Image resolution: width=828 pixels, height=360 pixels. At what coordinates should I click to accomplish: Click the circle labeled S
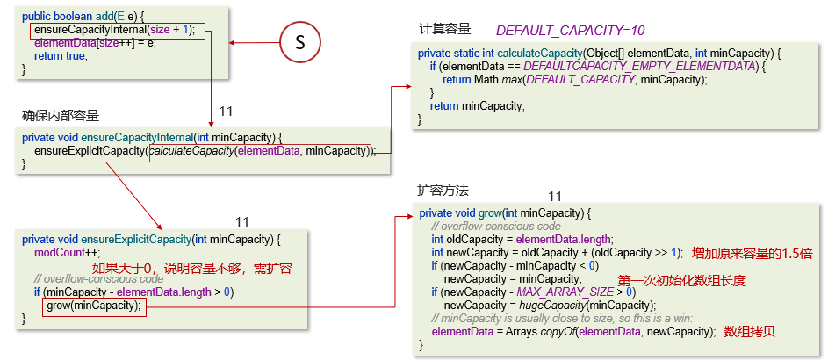click(299, 44)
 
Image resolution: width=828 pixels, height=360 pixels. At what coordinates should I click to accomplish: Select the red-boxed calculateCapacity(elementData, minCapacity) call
click(260, 151)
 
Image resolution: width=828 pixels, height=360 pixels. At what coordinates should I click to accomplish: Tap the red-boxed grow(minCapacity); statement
click(92, 306)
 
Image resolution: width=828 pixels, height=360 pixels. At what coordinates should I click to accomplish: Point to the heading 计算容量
click(445, 29)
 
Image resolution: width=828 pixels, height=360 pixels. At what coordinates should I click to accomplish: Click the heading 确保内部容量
click(61, 115)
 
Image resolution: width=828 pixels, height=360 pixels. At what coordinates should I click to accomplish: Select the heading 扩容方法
click(443, 190)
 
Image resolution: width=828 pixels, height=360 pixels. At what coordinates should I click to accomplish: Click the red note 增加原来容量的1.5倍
click(752, 253)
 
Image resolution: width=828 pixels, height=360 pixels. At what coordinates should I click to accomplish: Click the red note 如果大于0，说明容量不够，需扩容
click(192, 268)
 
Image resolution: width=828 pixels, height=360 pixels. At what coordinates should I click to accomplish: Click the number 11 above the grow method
click(554, 196)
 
